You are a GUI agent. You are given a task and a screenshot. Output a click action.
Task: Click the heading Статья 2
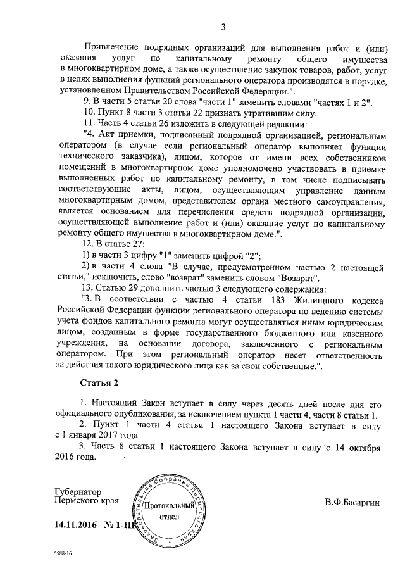click(100, 384)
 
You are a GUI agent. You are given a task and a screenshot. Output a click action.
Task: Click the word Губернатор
click(78, 492)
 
